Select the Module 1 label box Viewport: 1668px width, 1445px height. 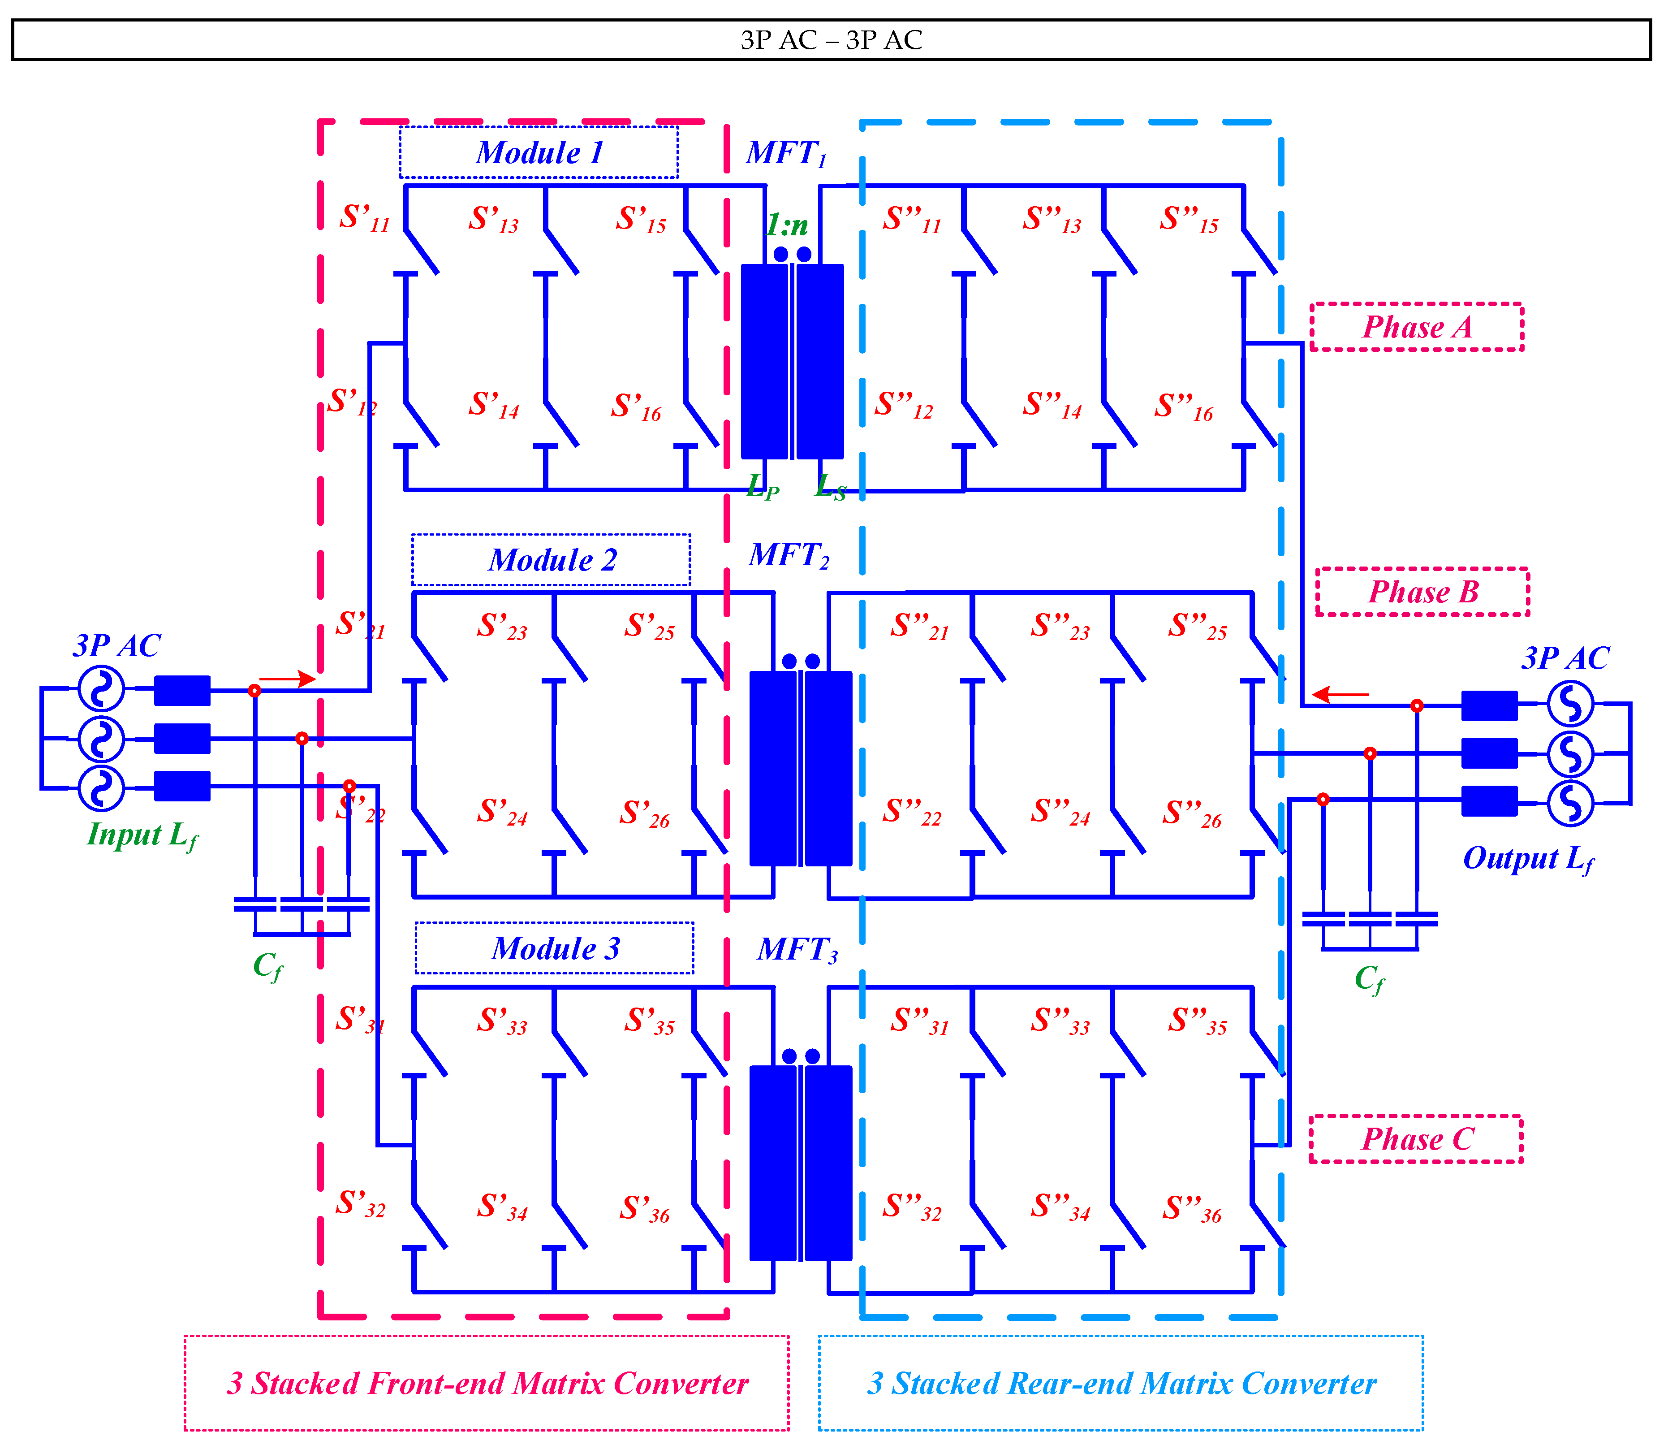[539, 152]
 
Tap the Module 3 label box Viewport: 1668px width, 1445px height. [555, 948]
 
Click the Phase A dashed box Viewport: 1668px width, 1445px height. [1417, 327]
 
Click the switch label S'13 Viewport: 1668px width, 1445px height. [493, 219]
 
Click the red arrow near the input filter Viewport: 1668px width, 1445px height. [287, 679]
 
